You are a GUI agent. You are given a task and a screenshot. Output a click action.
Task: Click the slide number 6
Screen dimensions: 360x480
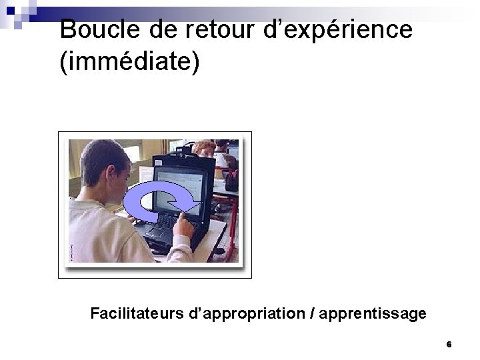[x=449, y=345]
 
